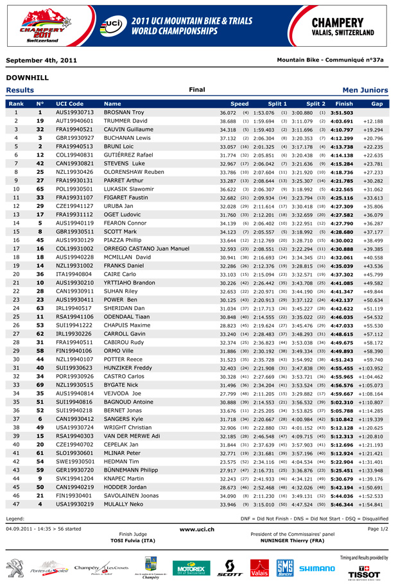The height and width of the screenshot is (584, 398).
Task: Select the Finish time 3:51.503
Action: tap(343, 112)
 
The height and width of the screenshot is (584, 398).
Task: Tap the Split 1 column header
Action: tap(277, 103)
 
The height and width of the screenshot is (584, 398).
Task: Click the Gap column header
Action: tap(377, 103)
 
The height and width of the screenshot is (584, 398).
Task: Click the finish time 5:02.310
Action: tap(343, 401)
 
